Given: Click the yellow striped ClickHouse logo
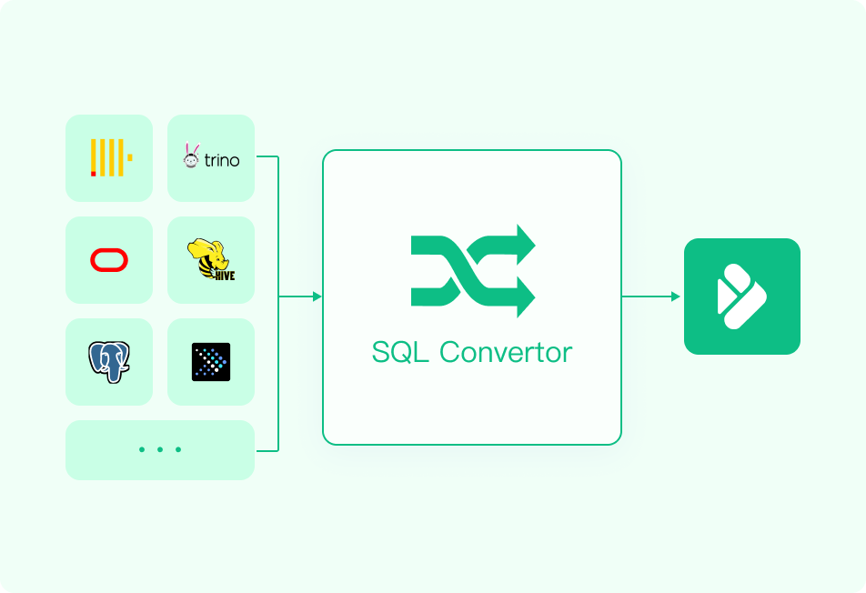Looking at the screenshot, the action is coord(111,158).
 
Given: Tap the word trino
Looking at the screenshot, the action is coord(221,160).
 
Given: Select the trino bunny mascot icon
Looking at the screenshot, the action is coord(191,156).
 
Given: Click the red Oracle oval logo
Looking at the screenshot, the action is coord(109,260).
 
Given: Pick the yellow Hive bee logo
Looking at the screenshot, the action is coord(211,259).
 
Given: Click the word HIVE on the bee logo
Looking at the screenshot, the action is coord(225,275).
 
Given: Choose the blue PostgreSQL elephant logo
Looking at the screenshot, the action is coord(109,362).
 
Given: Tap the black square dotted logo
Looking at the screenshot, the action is coord(211,362).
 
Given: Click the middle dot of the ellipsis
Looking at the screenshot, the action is coord(160,449).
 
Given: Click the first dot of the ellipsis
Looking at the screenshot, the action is coord(142,449).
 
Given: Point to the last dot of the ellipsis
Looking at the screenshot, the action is coord(178,449).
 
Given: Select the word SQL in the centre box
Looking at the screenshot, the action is coord(400,352).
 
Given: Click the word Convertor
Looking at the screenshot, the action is coord(506,352).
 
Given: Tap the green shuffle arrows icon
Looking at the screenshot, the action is coord(473,271).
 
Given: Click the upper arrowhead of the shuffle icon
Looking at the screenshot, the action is coord(526,245).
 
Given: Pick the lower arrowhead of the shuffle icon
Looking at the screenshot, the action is coord(526,297).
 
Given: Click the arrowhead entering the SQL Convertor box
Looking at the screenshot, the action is coord(317,296).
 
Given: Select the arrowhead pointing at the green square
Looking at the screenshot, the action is coord(676,296).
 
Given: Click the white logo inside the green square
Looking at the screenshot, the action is coord(741,296).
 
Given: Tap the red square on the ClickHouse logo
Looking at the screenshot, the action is coord(94,174).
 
